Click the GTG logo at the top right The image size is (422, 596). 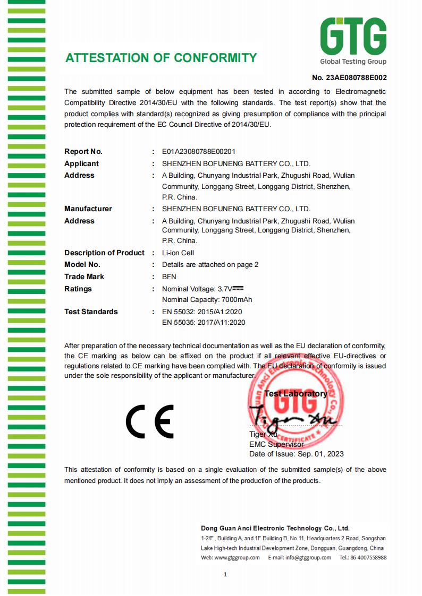353,40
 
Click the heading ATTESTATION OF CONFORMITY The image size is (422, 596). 161,58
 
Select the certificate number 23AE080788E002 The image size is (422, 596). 349,77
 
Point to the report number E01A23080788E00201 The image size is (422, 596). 198,151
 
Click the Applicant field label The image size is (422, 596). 81,163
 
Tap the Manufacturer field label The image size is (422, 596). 88,209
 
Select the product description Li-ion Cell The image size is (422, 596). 178,253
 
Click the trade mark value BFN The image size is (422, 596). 169,277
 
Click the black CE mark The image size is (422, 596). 149,421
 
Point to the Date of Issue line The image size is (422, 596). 297,454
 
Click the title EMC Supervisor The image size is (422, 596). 276,444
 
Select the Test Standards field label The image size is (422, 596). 91,312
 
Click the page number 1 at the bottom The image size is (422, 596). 225,574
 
